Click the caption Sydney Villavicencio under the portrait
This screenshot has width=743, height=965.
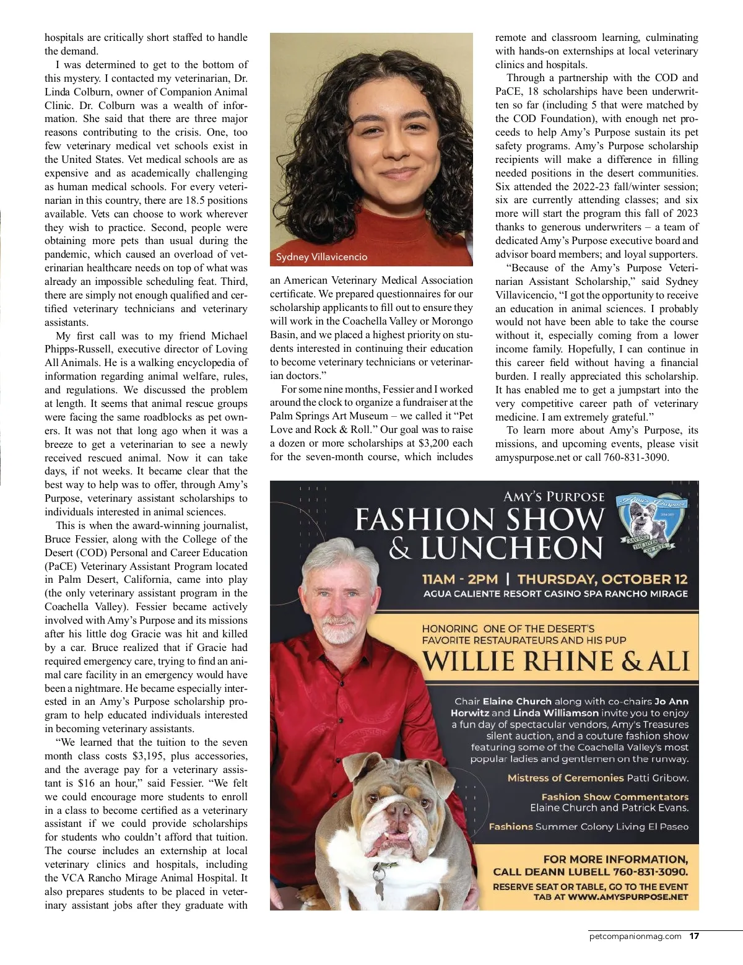point(321,257)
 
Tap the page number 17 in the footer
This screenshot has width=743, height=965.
point(695,936)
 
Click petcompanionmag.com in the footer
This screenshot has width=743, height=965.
point(635,936)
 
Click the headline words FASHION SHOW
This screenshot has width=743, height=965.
point(479,520)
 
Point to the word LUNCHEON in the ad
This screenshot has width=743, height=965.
point(511,548)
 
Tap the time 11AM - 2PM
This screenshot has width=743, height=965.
point(459,579)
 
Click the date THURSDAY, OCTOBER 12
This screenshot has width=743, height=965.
point(602,579)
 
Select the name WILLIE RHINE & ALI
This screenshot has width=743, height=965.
point(555,662)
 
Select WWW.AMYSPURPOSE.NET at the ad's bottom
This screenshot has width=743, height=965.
point(628,896)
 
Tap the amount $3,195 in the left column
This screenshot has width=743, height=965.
point(147,756)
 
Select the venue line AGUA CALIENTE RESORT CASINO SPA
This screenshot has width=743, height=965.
point(555,593)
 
